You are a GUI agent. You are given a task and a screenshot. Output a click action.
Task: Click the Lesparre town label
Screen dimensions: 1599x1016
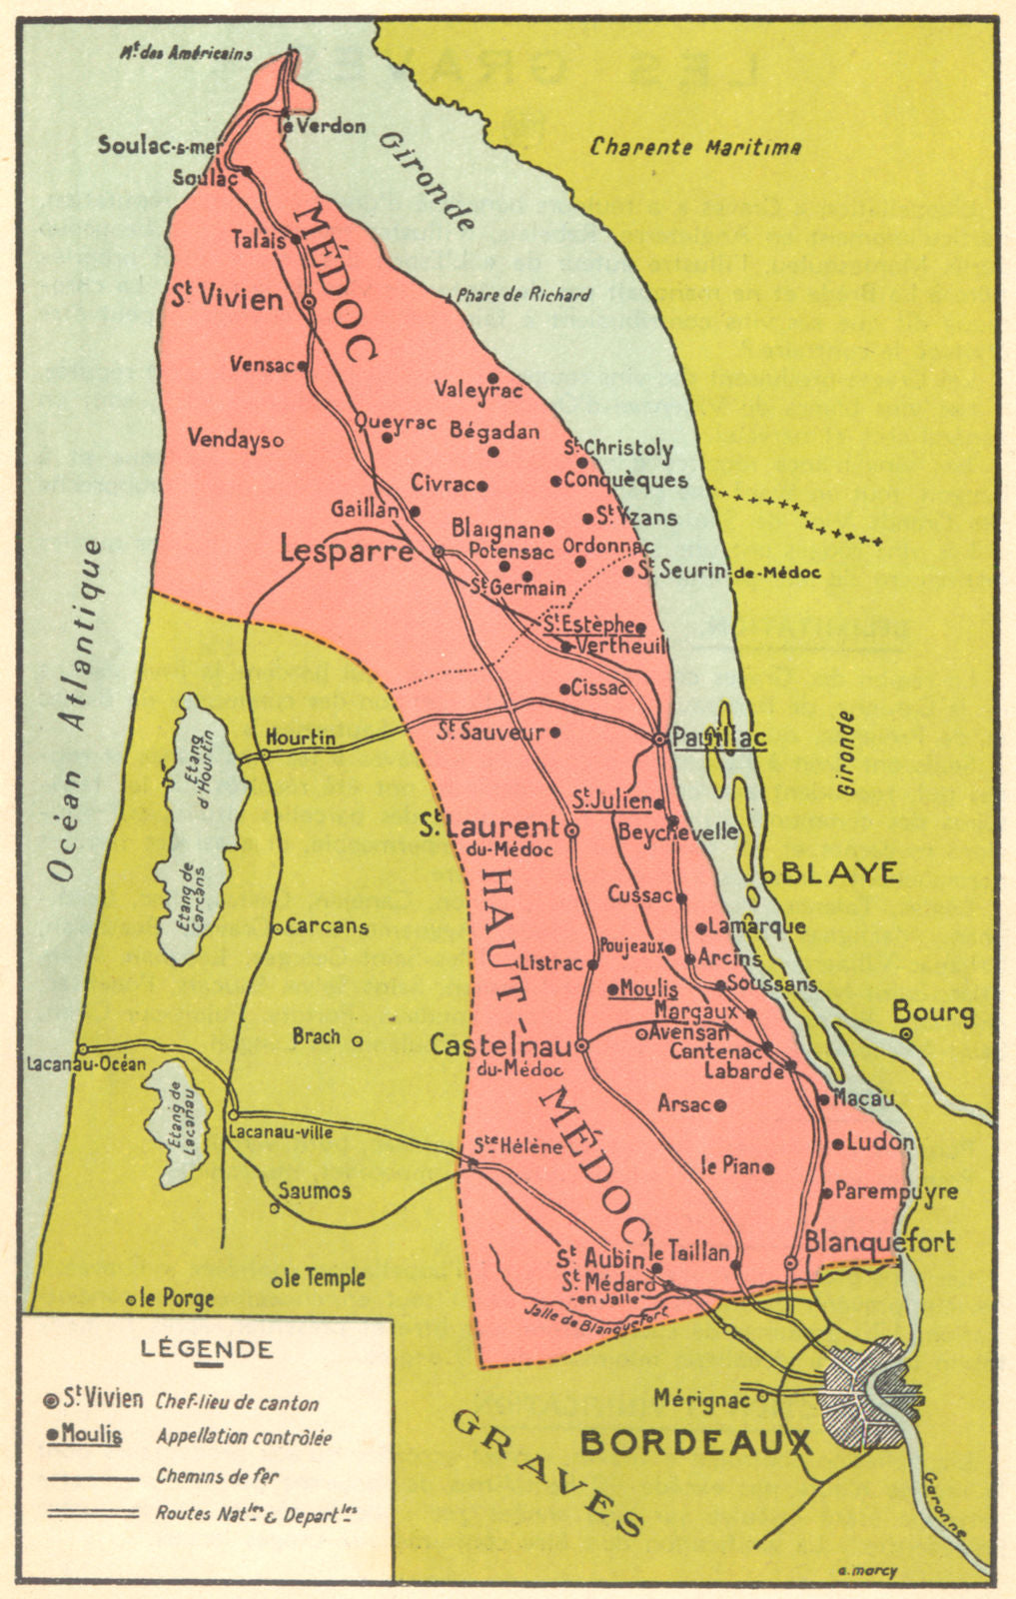(346, 551)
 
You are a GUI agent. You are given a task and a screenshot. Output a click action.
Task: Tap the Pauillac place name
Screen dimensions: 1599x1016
(718, 739)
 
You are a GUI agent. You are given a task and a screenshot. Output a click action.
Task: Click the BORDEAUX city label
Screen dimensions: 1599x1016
(695, 1443)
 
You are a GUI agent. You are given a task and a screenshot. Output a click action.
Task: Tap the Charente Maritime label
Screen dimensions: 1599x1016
(695, 147)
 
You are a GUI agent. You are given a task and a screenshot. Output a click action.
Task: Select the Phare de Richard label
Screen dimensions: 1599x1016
(521, 296)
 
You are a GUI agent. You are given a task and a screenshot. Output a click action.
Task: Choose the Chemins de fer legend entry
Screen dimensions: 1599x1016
(217, 1476)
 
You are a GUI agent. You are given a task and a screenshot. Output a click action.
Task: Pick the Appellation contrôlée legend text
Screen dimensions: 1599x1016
(243, 1437)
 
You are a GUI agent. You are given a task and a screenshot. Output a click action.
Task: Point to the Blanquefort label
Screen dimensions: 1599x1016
(879, 1242)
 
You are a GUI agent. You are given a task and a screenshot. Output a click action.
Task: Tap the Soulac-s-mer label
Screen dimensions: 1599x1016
(160, 146)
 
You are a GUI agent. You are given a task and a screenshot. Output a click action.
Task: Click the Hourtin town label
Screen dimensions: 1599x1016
(300, 739)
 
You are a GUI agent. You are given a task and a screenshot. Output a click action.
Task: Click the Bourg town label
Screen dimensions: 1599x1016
(933, 1012)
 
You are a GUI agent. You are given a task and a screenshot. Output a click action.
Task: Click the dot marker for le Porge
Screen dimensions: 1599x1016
(131, 1300)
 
